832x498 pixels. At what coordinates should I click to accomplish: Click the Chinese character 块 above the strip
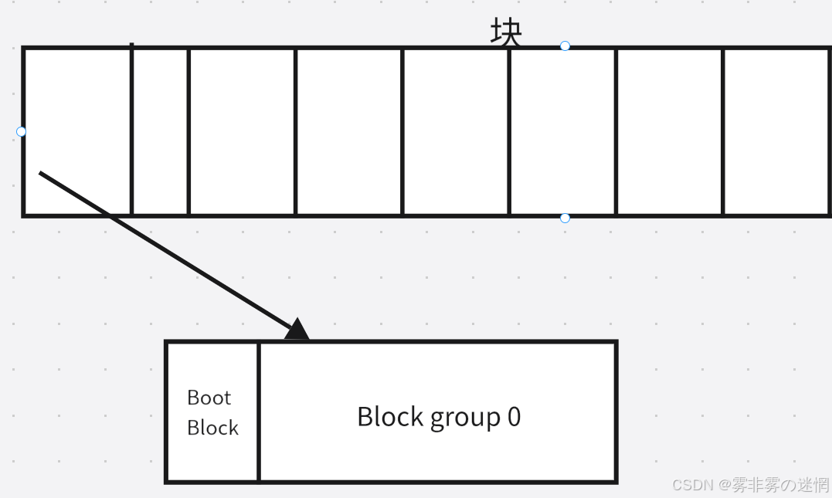506,33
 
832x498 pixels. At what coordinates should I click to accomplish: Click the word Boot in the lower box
209,398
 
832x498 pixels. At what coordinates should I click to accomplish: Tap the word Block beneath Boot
212,428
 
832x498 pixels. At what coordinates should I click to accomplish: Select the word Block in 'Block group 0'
389,417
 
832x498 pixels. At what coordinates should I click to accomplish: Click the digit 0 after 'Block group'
514,417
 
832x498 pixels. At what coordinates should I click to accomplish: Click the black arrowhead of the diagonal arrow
297,330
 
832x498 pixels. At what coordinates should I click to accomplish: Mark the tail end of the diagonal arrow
40,173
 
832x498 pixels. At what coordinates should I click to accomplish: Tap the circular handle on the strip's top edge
565,46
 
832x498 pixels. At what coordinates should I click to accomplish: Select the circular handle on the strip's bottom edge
565,219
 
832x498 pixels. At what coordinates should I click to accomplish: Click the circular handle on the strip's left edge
21,131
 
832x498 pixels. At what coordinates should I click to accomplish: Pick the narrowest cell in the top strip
160,131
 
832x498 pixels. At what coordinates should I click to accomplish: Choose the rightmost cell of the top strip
776,131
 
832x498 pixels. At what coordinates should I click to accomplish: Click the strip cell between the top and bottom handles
562,131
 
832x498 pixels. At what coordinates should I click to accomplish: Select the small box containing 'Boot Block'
212,412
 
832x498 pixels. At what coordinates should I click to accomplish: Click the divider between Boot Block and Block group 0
259,412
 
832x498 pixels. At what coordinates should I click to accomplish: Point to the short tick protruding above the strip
132,45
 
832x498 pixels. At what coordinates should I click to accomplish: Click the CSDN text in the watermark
692,485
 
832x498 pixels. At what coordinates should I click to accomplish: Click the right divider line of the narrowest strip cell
188,131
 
